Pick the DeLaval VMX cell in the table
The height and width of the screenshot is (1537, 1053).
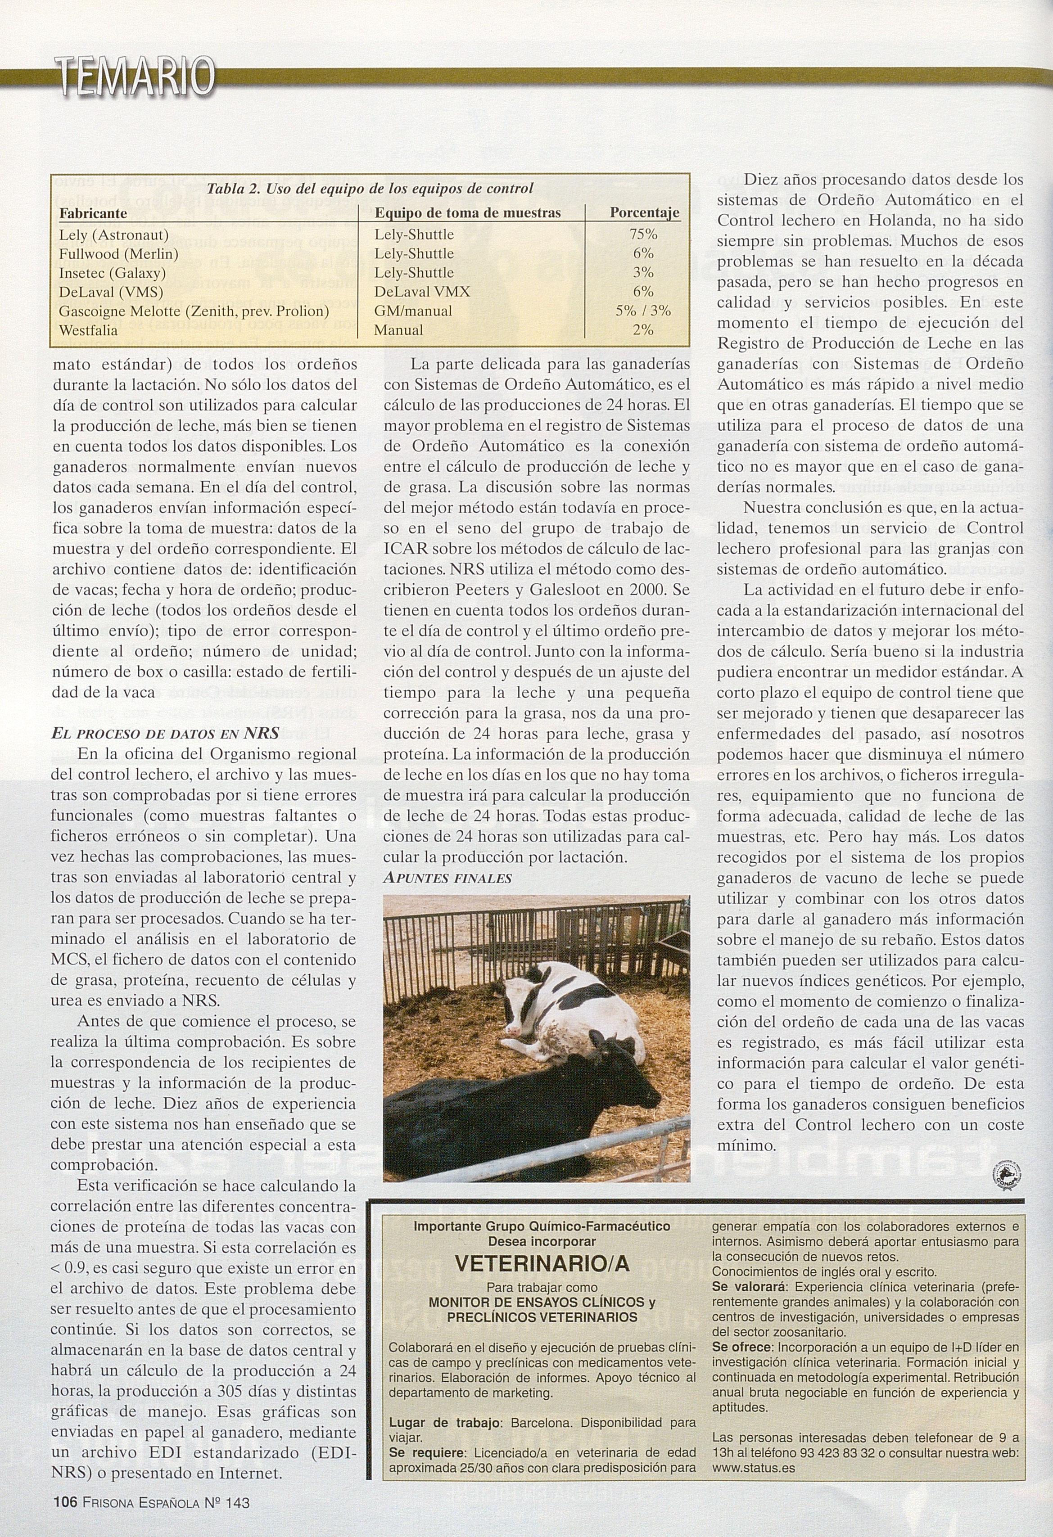tap(422, 292)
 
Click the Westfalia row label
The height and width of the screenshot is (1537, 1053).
tap(89, 330)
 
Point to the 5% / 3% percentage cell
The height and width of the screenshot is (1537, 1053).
tap(643, 311)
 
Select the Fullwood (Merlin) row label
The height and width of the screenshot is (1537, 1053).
tap(118, 253)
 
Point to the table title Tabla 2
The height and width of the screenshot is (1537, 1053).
tap(370, 189)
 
